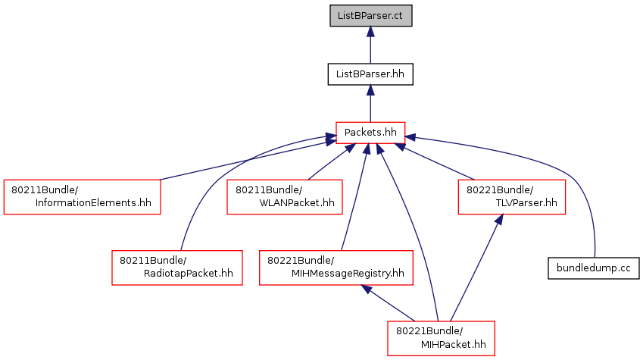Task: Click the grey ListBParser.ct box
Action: coord(370,16)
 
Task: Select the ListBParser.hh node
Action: coord(370,74)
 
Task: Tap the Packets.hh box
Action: coord(370,133)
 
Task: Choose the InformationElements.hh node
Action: coord(82,196)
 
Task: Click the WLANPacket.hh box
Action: coord(285,196)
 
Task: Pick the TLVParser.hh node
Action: coord(512,196)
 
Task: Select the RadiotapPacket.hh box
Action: coord(177,268)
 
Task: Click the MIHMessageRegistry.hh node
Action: coord(336,268)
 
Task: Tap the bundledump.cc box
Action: coord(593,268)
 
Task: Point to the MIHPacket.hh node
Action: coord(441,338)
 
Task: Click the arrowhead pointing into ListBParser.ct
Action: coord(370,32)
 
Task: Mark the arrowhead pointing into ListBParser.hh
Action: coord(370,91)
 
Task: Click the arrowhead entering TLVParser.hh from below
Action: coord(499,220)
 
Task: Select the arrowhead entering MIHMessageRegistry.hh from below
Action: coord(367,290)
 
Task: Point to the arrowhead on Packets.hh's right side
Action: coord(410,137)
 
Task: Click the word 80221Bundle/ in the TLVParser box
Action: coord(500,190)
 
